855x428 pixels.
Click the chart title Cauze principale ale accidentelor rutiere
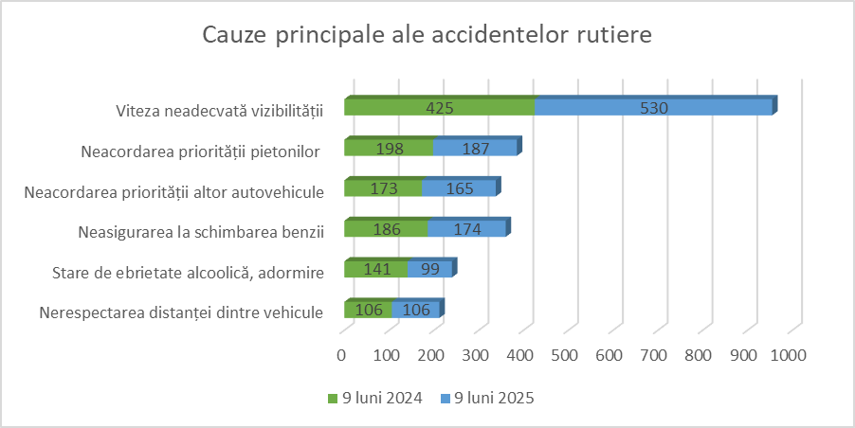tap(427, 35)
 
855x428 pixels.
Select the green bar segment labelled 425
tap(440, 106)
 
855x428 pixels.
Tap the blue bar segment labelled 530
tap(654, 106)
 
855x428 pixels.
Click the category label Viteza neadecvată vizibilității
tap(220, 111)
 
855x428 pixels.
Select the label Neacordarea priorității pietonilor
tap(200, 151)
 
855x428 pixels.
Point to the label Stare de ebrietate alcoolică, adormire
tap(188, 273)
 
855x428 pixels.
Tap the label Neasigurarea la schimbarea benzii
tap(201, 232)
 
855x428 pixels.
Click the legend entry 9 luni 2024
tap(375, 398)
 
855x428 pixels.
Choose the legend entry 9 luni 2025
tap(487, 398)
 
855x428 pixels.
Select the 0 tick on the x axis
tap(341, 356)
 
